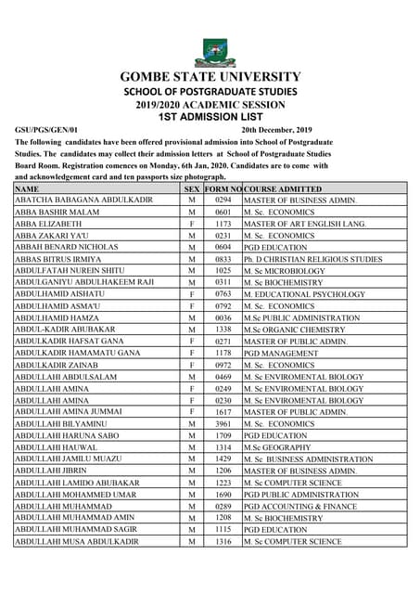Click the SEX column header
[x=191, y=188]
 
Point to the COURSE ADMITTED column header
[x=282, y=188]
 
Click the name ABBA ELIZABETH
[x=47, y=224]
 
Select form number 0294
[x=223, y=200]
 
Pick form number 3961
[x=223, y=423]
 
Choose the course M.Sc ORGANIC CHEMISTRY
[x=294, y=329]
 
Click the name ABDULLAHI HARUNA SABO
[x=67, y=435]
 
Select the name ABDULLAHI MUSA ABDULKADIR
[x=77, y=541]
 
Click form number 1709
[x=223, y=435]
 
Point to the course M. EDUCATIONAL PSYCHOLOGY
[x=304, y=294]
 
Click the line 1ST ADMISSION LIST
[x=210, y=118]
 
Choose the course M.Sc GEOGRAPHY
[x=281, y=447]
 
